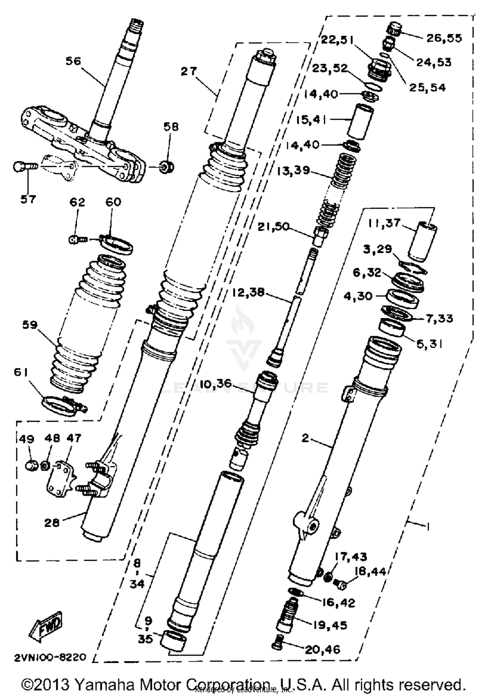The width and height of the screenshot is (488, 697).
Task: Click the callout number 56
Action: click(73, 61)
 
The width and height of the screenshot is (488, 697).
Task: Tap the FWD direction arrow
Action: click(47, 626)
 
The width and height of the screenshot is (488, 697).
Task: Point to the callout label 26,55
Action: click(444, 38)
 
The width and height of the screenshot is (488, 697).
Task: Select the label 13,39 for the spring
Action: click(293, 170)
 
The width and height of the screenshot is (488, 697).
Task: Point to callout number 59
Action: click(30, 324)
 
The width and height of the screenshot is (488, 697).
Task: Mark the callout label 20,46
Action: click(322, 650)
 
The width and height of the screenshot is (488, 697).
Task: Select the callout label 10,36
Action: click(216, 384)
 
